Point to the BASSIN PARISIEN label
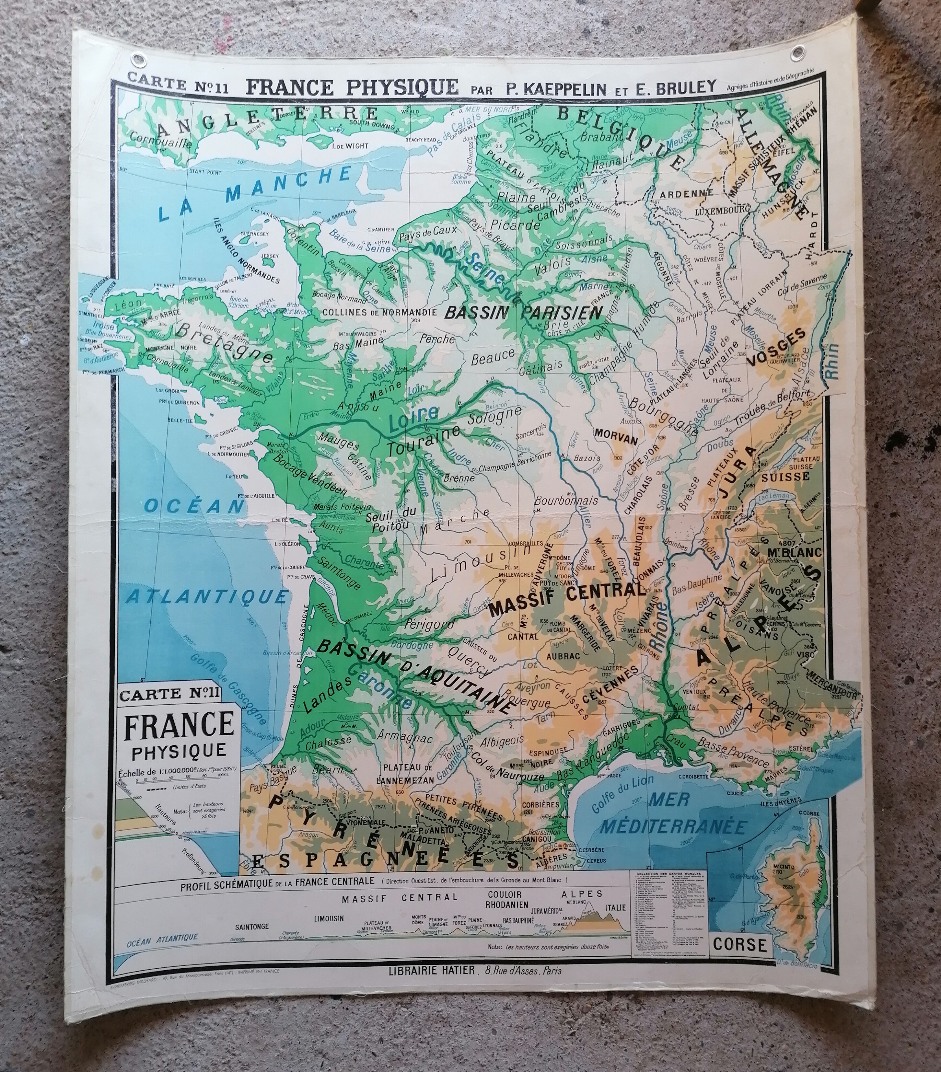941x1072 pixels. click(x=523, y=313)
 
